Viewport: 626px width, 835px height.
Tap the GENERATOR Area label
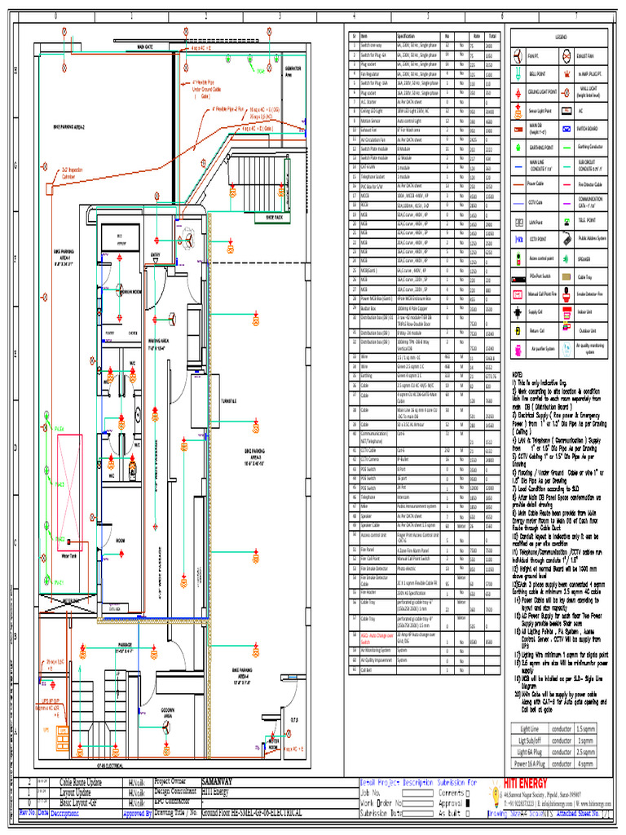(x=291, y=71)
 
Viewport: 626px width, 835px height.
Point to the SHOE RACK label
(x=271, y=218)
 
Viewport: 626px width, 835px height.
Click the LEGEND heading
(x=561, y=38)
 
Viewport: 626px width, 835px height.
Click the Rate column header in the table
(x=474, y=36)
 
